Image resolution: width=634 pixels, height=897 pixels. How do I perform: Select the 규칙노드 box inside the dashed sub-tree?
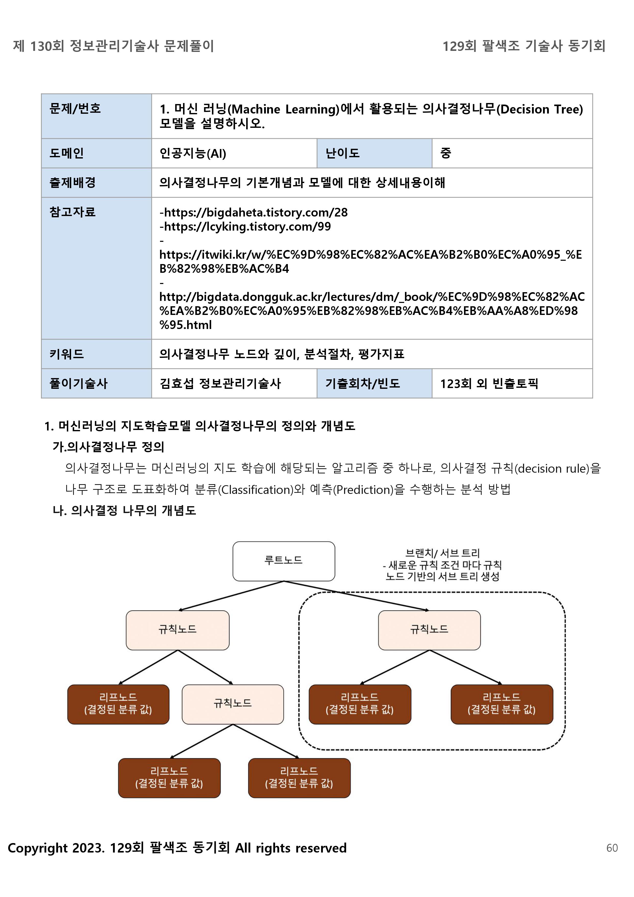click(x=429, y=630)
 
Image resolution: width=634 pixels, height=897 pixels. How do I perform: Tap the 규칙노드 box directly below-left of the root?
click(x=177, y=630)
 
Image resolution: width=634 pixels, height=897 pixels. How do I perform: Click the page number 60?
click(x=612, y=848)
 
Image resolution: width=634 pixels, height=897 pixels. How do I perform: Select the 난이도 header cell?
click(x=342, y=153)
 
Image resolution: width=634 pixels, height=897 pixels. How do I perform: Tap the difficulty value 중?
click(x=446, y=153)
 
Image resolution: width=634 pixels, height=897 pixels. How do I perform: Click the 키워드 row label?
click(x=67, y=354)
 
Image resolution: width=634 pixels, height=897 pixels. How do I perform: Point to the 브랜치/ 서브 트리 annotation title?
click(x=442, y=553)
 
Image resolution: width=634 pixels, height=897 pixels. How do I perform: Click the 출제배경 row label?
click(x=73, y=183)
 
